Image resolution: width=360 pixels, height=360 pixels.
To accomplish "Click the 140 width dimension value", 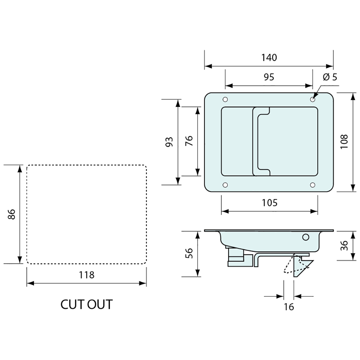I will [269, 58].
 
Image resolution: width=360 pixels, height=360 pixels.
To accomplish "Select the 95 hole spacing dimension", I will [269, 77].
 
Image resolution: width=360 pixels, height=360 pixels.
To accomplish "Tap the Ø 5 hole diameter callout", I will [330, 77].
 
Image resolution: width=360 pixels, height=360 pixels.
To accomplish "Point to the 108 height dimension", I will [344, 142].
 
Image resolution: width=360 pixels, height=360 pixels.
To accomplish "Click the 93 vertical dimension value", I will [169, 142].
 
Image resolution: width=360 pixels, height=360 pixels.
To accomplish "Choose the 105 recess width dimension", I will [270, 203].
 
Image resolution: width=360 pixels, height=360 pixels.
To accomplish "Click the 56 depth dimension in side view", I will [189, 254].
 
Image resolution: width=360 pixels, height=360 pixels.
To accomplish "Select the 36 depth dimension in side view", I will [344, 246].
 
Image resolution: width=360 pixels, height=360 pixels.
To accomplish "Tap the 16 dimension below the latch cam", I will [289, 307].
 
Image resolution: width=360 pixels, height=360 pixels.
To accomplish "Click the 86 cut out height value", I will [12, 214].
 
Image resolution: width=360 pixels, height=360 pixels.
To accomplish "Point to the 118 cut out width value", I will [86, 275].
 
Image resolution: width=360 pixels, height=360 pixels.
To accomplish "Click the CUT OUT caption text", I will [86, 304].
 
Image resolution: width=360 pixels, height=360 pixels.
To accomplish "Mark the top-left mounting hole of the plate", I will [225, 99].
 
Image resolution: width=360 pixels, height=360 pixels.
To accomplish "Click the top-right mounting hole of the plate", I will [313, 99].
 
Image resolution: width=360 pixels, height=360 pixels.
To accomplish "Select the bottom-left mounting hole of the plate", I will [225, 185].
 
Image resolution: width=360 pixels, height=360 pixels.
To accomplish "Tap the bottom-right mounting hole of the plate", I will [313, 185].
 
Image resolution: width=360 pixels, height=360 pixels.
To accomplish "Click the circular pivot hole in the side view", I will [306, 237].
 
